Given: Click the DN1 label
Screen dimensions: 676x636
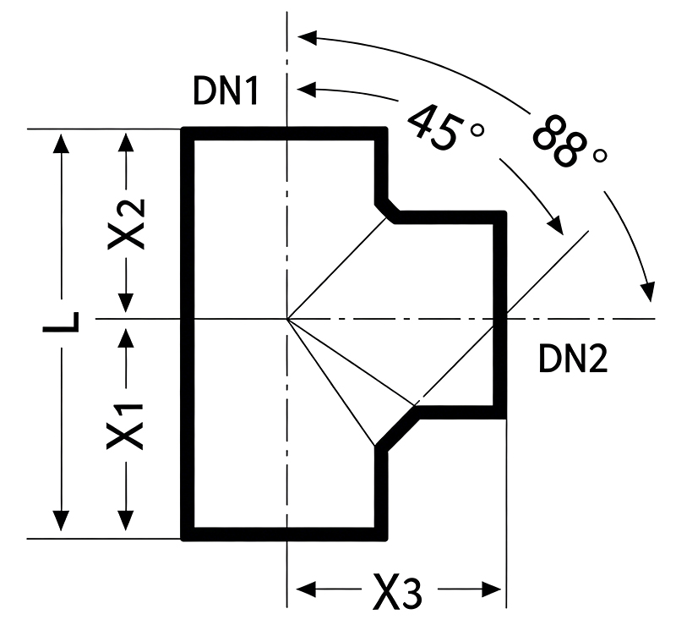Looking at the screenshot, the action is click(226, 90).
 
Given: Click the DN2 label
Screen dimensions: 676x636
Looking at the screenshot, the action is click(573, 359).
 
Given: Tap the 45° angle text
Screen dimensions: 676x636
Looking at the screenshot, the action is click(445, 127).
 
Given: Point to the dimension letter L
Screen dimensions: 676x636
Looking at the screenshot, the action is click(61, 322).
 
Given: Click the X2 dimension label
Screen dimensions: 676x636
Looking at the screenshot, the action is click(126, 223).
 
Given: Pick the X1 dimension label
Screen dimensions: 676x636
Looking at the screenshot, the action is click(125, 426).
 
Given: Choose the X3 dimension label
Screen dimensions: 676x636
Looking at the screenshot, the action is click(397, 590).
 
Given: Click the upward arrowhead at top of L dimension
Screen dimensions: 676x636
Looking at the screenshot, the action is click(61, 143).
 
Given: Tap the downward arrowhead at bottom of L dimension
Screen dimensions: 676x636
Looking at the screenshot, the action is click(61, 521).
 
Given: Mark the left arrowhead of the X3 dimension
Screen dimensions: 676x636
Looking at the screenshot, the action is click(306, 589).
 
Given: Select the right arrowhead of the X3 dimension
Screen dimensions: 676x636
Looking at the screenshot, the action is click(491, 589).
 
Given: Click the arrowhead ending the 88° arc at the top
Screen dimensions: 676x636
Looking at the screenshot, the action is click(308, 37).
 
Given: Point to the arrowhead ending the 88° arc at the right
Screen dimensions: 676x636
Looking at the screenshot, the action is click(648, 292).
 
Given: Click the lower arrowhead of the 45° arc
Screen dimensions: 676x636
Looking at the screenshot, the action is click(556, 226).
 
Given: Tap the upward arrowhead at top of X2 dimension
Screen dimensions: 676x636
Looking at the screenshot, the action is click(126, 142).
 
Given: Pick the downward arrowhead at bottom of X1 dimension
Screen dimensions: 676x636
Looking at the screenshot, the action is click(126, 520).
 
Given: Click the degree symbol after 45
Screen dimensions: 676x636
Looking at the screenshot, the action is click(477, 129).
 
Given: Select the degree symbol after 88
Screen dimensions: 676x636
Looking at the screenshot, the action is click(600, 156).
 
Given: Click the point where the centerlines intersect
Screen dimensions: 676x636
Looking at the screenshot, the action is click(287, 319).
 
